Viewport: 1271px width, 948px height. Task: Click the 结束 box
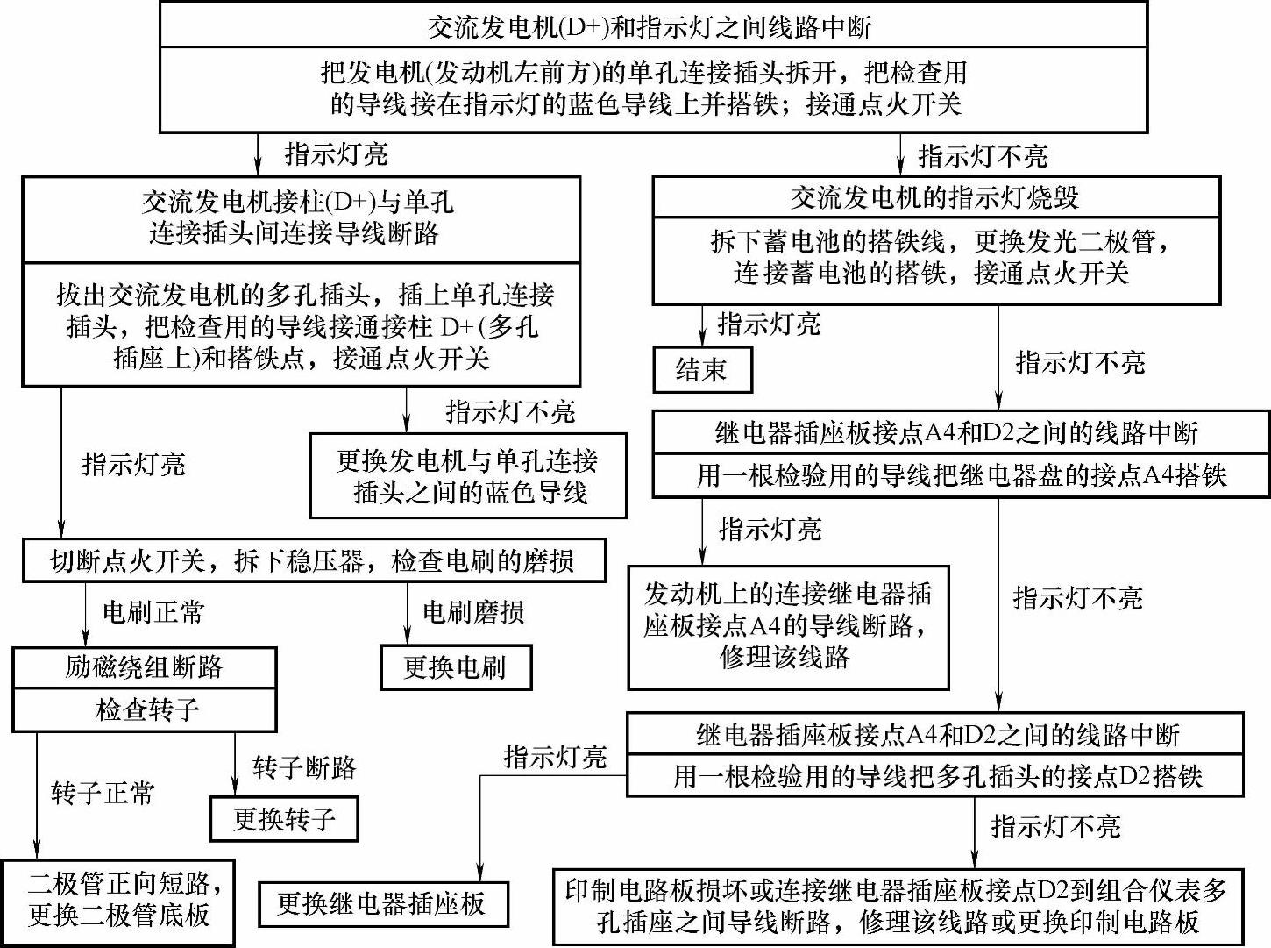click(702, 370)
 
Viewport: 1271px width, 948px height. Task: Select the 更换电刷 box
click(455, 668)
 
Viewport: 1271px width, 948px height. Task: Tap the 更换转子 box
click(284, 820)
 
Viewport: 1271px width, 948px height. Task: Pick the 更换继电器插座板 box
click(382, 904)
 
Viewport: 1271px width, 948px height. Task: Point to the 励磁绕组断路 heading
click(145, 668)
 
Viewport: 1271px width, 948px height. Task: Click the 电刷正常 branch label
click(153, 612)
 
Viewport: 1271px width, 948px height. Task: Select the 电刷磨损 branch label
click(473, 612)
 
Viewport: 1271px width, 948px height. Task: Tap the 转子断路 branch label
click(304, 768)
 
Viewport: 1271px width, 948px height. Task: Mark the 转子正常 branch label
click(103, 795)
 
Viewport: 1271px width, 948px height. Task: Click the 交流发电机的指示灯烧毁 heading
click(935, 198)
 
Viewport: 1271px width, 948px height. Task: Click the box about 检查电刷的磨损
click(313, 561)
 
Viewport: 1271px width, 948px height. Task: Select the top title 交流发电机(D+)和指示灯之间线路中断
click(653, 26)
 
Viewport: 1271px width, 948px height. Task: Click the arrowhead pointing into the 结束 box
click(702, 341)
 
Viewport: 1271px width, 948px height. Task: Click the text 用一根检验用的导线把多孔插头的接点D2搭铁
click(935, 777)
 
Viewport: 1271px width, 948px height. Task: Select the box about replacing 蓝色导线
click(468, 476)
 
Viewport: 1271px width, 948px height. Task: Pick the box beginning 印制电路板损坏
click(898, 907)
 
